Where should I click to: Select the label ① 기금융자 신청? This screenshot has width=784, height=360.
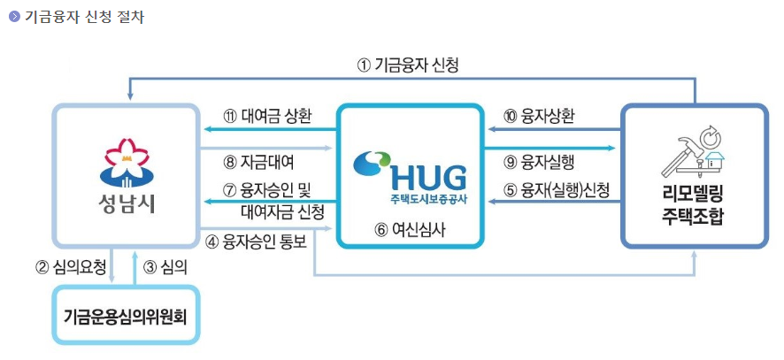point(408,65)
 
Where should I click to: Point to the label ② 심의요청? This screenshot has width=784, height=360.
point(71,265)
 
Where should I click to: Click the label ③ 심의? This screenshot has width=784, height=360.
point(165,265)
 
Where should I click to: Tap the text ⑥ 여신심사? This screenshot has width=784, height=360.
point(406,227)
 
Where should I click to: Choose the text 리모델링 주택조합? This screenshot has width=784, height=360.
point(693,205)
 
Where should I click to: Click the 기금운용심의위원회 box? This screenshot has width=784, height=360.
point(126,315)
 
